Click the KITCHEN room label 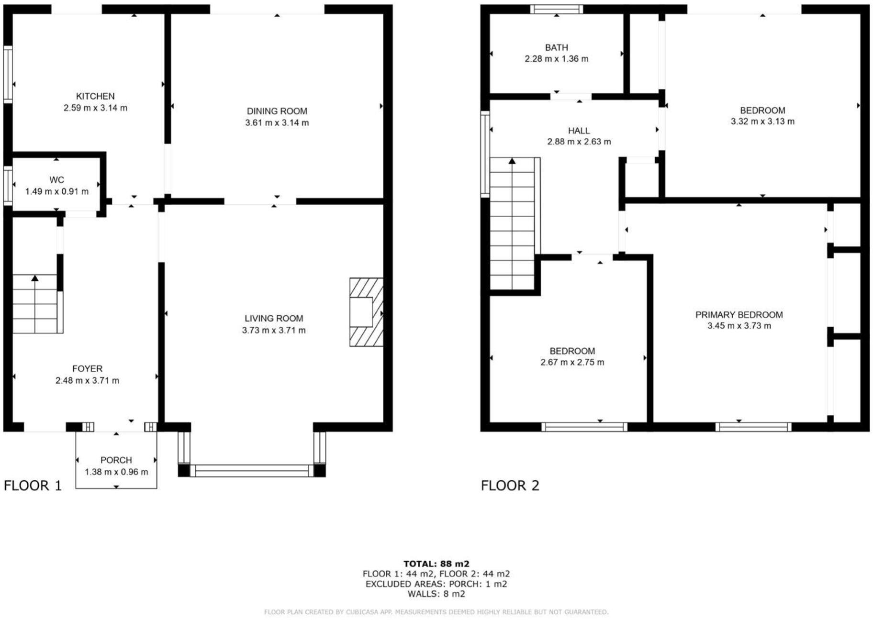pos(95,96)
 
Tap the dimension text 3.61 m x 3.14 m pos(277,123)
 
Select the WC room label pos(56,180)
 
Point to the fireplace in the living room pos(366,312)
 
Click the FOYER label pos(87,369)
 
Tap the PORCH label pos(116,460)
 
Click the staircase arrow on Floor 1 pos(34,278)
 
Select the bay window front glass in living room pos(251,471)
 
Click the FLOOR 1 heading pos(33,486)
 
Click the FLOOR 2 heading pos(510,486)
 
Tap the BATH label pos(556,47)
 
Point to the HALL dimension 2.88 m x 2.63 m pos(579,142)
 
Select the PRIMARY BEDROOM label pos(739,315)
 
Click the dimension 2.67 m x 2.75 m pos(572,363)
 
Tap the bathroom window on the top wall pos(556,9)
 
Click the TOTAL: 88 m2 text pos(436,564)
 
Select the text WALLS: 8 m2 pos(436,594)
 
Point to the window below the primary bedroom pos(753,427)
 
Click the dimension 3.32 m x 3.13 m pos(762,122)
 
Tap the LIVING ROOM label pos(273,319)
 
